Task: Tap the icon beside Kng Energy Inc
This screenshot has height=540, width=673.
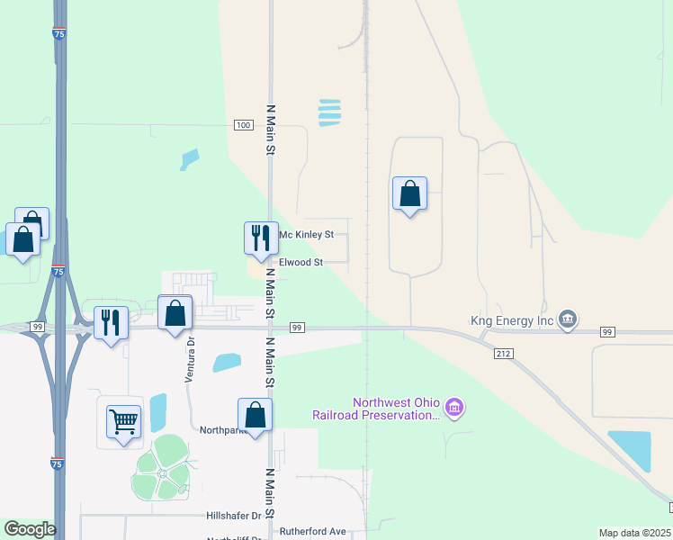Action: [568, 319]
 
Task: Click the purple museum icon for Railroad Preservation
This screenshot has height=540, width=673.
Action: [455, 409]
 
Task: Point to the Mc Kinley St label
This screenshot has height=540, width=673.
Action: [306, 235]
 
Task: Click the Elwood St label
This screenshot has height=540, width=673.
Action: [301, 263]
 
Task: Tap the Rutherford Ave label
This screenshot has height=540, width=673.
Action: [312, 532]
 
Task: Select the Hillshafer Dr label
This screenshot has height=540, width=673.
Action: [233, 517]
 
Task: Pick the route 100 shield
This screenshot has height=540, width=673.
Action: [243, 125]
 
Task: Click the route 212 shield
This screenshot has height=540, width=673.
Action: [503, 355]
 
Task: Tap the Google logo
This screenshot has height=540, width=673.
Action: [30, 529]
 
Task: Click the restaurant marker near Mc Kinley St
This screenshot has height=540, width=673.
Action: [261, 238]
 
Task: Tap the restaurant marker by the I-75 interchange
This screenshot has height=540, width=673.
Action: [111, 322]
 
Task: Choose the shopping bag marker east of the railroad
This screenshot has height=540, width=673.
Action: [409, 193]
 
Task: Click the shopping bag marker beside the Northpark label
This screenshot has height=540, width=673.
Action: [256, 415]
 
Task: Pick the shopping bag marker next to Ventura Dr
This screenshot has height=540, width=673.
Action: [175, 314]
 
